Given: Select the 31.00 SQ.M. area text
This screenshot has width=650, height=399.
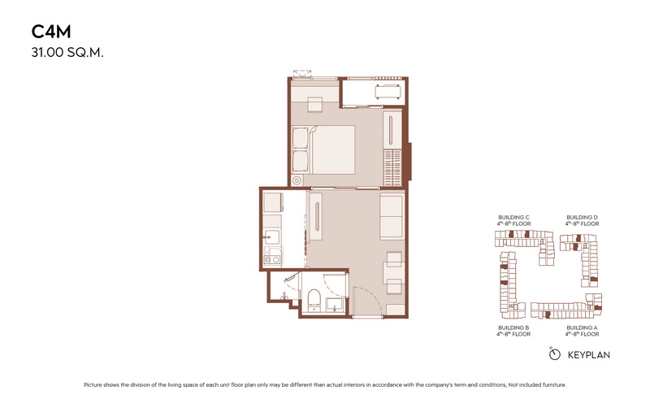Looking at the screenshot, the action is tap(67, 53).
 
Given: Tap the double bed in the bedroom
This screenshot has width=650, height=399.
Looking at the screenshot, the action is tap(323, 150).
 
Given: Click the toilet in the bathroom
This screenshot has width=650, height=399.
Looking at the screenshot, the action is tap(314, 300).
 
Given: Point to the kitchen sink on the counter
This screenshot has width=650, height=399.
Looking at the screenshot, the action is tap(271, 237).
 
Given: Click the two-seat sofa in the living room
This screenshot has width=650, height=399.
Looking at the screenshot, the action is tap(392, 215).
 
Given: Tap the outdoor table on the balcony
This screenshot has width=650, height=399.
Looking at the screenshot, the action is tap(388, 92).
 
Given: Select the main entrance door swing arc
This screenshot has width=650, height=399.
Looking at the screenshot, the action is tap(370, 297).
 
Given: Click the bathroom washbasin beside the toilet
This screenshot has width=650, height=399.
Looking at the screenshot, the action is tap(335, 305).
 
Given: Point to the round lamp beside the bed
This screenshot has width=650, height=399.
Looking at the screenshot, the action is tap(297, 180).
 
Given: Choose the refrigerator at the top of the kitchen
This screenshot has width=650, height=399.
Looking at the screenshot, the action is tap(272, 202).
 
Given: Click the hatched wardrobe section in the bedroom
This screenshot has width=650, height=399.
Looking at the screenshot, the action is tap(392, 167).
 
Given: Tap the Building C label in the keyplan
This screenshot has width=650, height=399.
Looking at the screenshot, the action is tap(513, 217).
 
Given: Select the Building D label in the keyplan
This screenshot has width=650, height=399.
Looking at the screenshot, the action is tap(582, 217).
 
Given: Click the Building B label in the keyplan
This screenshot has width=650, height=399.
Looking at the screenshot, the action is tap(513, 327).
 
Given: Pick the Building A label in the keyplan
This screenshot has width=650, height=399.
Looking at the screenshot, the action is tap(582, 327).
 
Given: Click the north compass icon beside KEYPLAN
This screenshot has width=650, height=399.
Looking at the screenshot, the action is tap(554, 354).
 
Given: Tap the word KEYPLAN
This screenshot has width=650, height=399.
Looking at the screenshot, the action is tap(588, 355).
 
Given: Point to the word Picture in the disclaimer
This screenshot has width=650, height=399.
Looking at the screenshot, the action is tap(93, 385).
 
